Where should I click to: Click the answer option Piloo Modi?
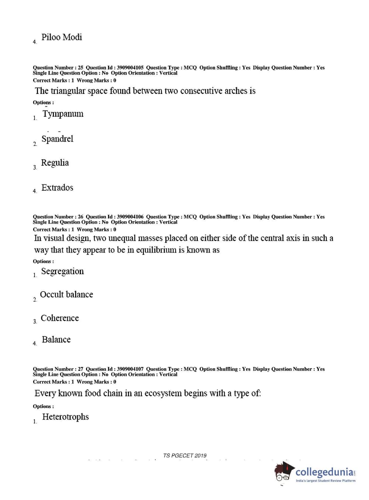click(x=61, y=37)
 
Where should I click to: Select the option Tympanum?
click(x=63, y=114)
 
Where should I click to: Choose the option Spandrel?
click(x=57, y=139)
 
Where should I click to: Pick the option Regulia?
click(x=55, y=163)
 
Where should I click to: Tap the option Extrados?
click(x=57, y=188)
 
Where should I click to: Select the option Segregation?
click(x=62, y=272)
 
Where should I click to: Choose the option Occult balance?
click(x=66, y=295)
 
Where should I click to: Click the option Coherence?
click(x=60, y=318)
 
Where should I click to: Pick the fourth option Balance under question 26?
click(x=56, y=340)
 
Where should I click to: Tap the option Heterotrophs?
click(x=65, y=417)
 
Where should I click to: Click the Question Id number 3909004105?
click(x=130, y=68)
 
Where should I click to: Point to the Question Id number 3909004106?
click(x=130, y=217)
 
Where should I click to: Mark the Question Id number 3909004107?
click(x=130, y=369)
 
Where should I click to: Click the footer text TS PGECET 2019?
click(x=185, y=456)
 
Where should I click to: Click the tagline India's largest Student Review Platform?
click(x=325, y=481)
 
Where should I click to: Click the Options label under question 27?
click(x=43, y=407)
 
